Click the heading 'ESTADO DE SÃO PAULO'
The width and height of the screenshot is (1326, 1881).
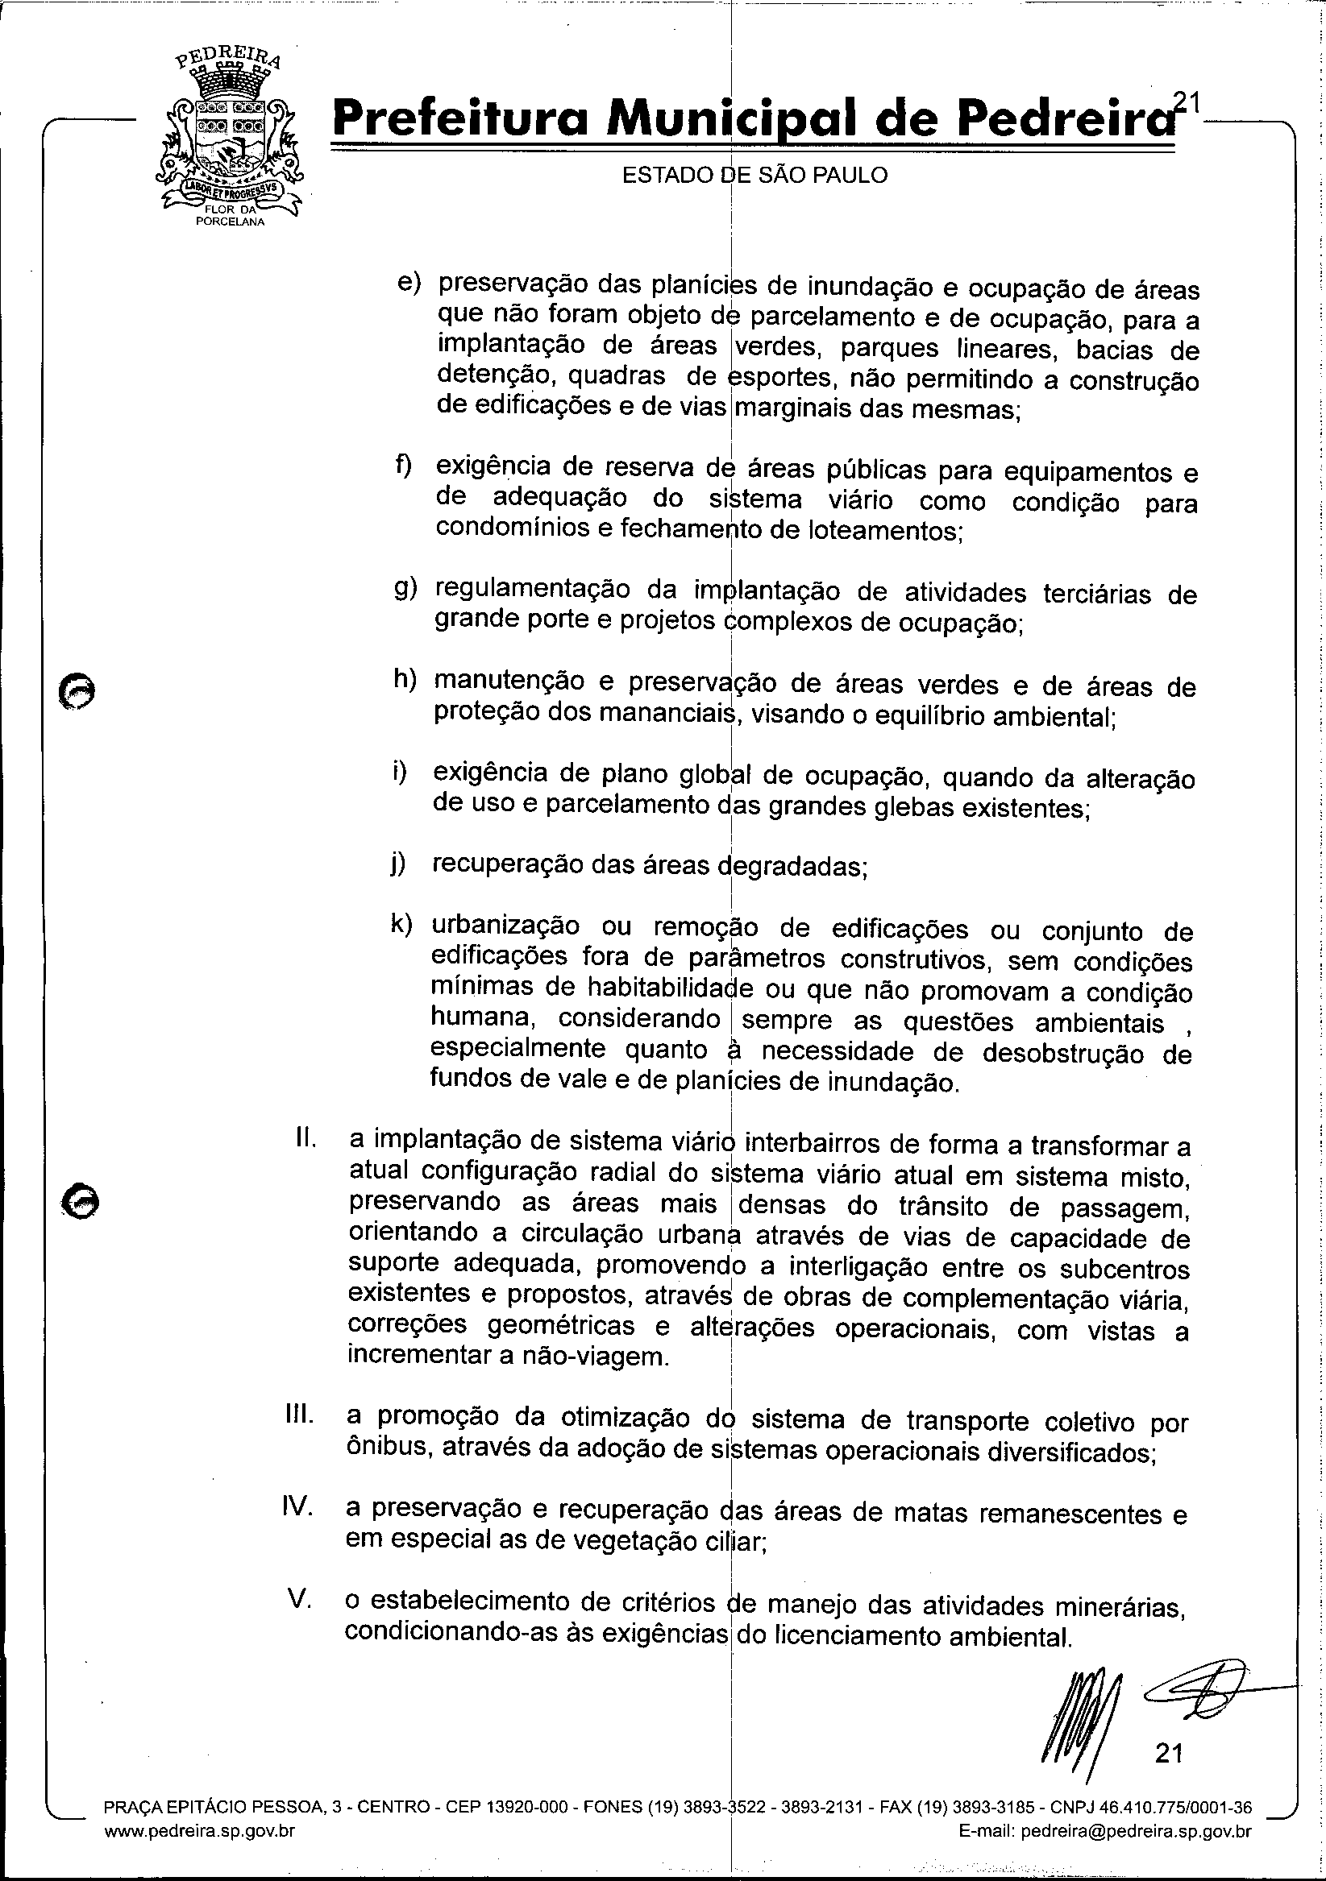754,176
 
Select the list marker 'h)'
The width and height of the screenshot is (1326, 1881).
404,680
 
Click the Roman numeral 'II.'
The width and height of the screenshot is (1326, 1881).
306,1138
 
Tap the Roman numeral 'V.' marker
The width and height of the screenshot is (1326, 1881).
300,1598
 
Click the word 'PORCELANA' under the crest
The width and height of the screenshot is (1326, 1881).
231,222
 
